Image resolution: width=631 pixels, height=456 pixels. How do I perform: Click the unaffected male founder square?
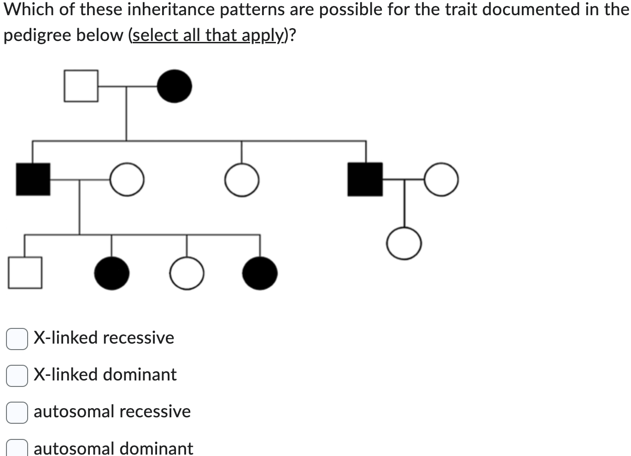coord(81,86)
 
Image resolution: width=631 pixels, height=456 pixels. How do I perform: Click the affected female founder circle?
coord(175,86)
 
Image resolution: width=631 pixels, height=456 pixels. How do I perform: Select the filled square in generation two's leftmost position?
coord(33,179)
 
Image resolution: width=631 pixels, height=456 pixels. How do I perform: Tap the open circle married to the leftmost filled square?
coord(127,179)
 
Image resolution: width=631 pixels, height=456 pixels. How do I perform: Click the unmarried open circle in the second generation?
coord(242,180)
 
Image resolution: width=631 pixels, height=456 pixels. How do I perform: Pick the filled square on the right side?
coord(365,179)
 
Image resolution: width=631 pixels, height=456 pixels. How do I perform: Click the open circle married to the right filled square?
coord(441,179)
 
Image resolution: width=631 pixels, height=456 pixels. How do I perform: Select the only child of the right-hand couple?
coord(404,244)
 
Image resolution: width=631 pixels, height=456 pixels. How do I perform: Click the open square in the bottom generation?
coord(25,273)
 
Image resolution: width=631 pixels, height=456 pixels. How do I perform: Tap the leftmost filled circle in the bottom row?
coord(111,273)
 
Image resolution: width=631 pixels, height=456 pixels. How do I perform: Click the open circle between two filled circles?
coord(187,273)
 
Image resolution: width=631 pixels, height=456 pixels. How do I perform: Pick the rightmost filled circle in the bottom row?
coord(260,273)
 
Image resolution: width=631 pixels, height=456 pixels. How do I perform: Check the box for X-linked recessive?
coord(17,339)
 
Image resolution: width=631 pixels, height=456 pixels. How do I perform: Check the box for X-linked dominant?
coord(17,375)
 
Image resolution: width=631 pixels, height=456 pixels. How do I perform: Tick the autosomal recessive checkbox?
coord(17,412)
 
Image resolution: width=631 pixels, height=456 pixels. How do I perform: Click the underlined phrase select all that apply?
coord(208,35)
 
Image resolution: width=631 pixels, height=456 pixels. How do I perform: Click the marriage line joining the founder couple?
coord(127,86)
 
